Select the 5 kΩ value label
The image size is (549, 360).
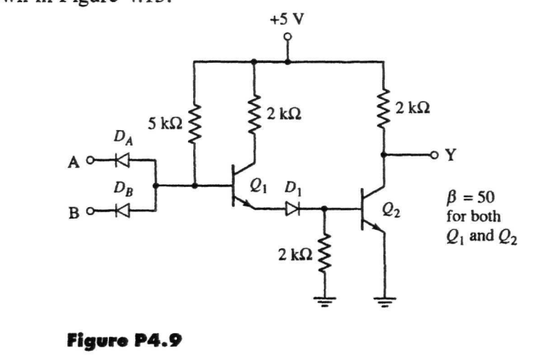(x=163, y=124)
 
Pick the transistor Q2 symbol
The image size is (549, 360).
(x=370, y=209)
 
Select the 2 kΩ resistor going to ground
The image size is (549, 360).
(x=324, y=252)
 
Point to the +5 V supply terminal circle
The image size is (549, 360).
(x=287, y=37)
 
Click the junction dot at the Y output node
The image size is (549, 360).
(x=383, y=153)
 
